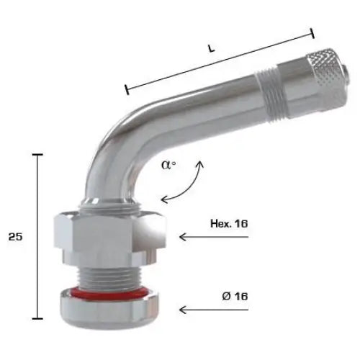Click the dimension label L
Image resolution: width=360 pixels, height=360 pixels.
pos(211,48)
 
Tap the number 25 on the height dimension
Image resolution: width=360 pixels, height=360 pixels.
pos(15,237)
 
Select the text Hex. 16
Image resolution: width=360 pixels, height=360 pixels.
pos(229,224)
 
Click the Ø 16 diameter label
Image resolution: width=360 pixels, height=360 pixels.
pos(235,297)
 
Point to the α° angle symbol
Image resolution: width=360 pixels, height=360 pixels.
pos(168,165)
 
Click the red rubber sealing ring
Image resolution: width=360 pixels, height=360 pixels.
pos(109,293)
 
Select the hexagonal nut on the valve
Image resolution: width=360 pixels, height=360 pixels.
pos(109,233)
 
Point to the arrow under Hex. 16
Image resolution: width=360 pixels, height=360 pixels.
pos(214,237)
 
